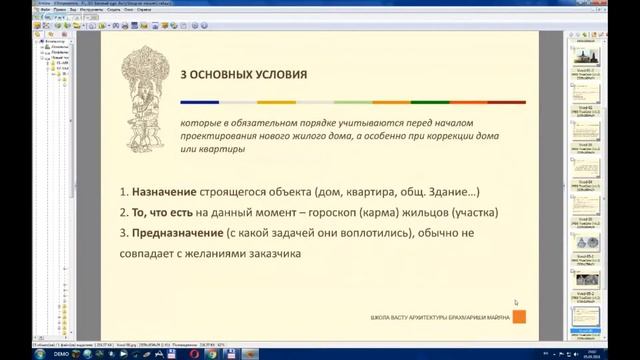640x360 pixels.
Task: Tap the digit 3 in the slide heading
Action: tap(183, 75)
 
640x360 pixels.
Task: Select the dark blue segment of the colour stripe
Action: tap(200, 102)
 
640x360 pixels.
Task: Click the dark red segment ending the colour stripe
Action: tap(506, 102)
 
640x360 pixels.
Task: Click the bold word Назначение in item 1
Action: tap(161, 191)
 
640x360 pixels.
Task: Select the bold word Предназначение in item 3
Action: tap(172, 233)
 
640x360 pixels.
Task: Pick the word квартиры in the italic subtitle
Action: tap(218, 149)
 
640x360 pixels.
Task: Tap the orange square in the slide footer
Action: tap(519, 317)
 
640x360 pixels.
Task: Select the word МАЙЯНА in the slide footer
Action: tap(498, 318)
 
